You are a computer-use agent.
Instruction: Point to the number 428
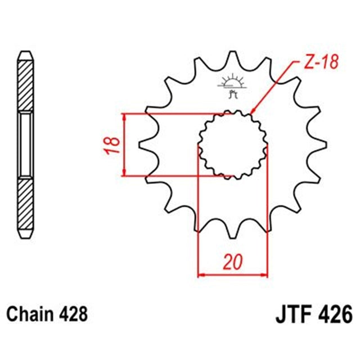pyautogui.click(x=73, y=312)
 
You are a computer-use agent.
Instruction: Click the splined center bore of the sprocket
pyautogui.click(x=232, y=143)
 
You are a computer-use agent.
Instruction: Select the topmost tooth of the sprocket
pyautogui.click(x=232, y=57)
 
